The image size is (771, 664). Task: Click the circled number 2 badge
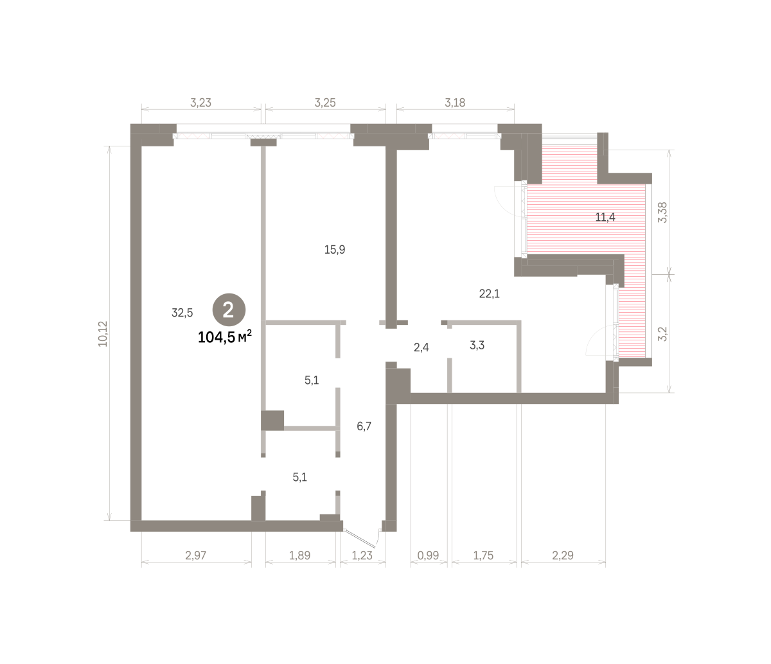click(x=229, y=310)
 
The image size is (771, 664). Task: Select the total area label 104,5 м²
click(x=224, y=337)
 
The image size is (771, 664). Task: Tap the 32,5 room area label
click(x=182, y=313)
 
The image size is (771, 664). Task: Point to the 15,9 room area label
click(x=335, y=249)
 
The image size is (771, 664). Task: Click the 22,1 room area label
click(x=489, y=293)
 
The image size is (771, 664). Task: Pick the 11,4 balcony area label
click(x=605, y=217)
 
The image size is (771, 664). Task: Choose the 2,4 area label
click(x=421, y=347)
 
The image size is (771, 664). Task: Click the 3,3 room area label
click(x=477, y=345)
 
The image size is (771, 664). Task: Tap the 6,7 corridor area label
click(x=364, y=426)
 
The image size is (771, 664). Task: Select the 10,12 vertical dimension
click(x=103, y=334)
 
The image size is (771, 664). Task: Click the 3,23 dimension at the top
click(x=200, y=103)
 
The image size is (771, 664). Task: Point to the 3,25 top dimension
click(x=325, y=103)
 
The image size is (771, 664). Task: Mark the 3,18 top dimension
click(x=455, y=103)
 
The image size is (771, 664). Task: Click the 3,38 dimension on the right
click(x=662, y=213)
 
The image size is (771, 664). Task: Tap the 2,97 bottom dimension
click(x=195, y=555)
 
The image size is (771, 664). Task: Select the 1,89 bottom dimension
click(x=299, y=555)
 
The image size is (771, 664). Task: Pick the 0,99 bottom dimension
click(x=428, y=555)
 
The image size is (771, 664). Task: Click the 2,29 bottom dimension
click(x=562, y=555)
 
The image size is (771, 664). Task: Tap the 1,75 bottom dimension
click(x=483, y=555)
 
